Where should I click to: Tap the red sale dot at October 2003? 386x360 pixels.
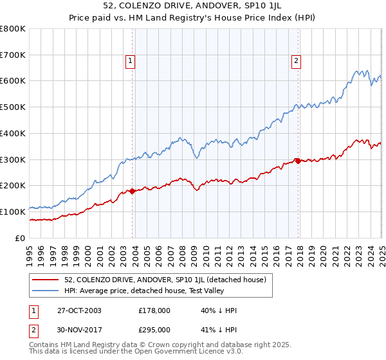[x=133, y=191]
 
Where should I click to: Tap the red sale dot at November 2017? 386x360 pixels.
[x=298, y=160]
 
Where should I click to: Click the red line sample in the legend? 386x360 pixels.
[x=46, y=279]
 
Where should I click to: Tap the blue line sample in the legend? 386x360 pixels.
[x=46, y=290]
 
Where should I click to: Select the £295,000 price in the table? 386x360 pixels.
[x=154, y=329]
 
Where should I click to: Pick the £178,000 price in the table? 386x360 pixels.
[x=154, y=310]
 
